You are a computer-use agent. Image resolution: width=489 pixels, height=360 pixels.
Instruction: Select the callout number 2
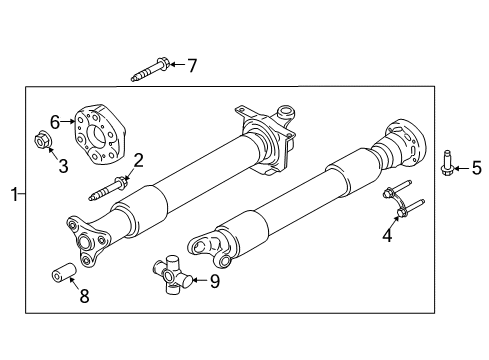(x=139, y=158)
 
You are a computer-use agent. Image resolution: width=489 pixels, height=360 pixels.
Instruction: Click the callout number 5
(x=477, y=167)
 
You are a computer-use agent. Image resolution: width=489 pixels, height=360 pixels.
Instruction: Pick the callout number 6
(x=56, y=120)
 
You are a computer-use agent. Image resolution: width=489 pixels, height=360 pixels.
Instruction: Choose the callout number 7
(x=192, y=65)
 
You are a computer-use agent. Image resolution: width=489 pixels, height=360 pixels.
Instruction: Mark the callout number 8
(x=83, y=295)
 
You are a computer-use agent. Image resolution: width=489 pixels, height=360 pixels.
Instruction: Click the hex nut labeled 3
(x=45, y=143)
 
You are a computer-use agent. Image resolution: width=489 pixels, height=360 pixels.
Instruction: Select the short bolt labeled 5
(x=447, y=161)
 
